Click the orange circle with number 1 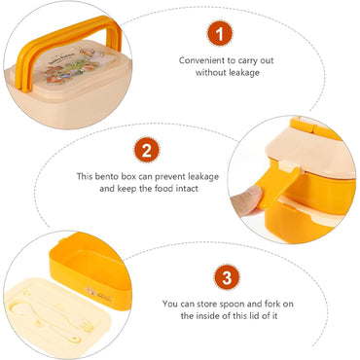click(224, 35)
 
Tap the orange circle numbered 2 click(146, 152)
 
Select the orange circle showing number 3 click(225, 278)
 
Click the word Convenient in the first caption click(201, 59)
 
